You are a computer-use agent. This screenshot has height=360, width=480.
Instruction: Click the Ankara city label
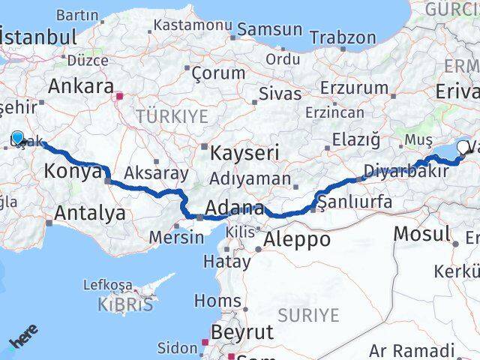coord(80,85)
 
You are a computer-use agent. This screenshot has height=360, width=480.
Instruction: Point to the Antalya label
coord(90,214)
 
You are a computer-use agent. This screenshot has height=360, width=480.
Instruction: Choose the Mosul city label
coord(421,233)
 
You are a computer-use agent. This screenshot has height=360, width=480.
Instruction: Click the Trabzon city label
coord(343,37)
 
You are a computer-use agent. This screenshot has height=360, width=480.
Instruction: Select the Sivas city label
coord(279,94)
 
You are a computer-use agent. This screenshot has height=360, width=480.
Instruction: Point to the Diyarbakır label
coord(406,171)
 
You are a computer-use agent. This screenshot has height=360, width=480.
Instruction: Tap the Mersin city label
coord(177,238)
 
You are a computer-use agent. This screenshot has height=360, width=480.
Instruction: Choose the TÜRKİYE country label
coord(171,116)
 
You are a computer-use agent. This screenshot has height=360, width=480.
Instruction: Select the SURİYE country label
coord(309,315)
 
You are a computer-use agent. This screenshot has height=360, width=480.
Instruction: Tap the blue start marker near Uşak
coord(18,137)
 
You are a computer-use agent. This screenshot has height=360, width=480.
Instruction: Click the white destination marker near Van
coord(462,148)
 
